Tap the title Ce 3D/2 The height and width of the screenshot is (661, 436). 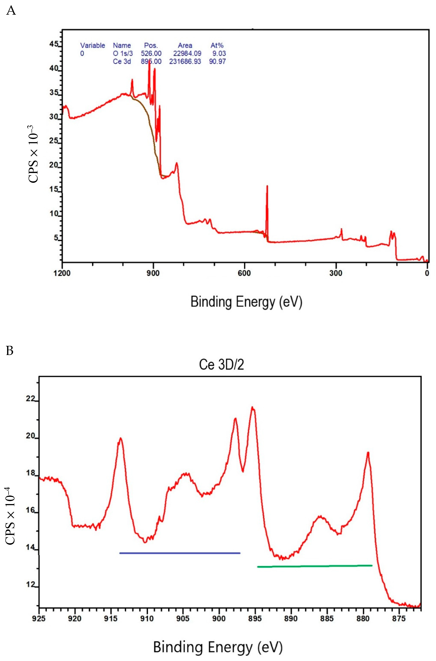(221, 364)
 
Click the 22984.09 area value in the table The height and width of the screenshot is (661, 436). (187, 53)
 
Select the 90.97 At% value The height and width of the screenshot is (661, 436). (217, 61)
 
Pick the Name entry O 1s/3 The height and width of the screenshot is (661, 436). (123, 53)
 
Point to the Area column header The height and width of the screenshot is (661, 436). (185, 45)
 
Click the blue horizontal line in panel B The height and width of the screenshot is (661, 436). (180, 553)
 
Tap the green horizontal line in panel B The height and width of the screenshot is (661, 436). (314, 566)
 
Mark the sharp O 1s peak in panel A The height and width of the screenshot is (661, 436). (267, 186)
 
